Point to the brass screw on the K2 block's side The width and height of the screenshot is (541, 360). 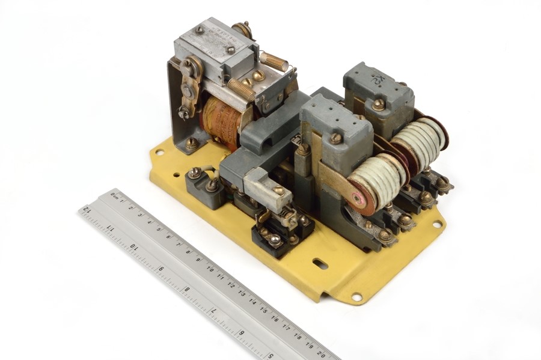[x=378, y=105]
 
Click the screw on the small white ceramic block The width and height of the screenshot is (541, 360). [x=278, y=191]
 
